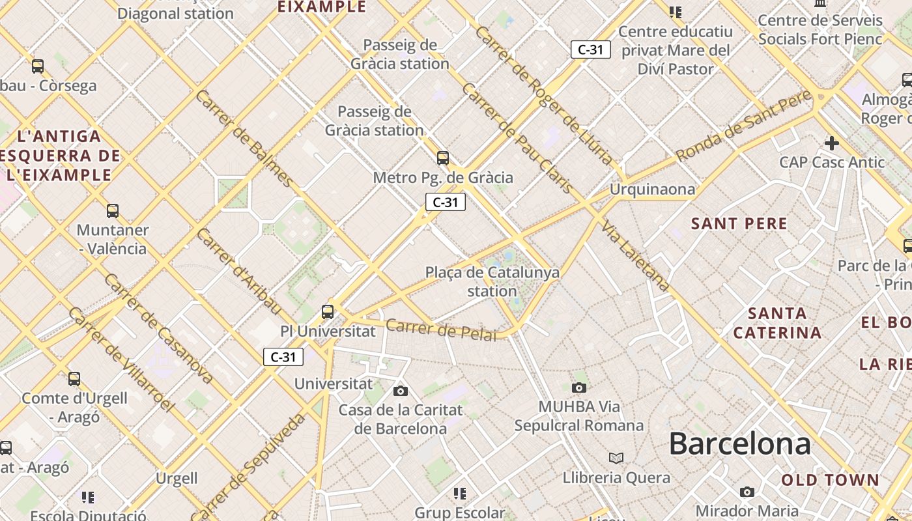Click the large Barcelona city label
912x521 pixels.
(x=739, y=444)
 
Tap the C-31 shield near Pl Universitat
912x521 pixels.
(x=283, y=357)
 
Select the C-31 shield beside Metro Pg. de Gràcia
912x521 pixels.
(x=446, y=203)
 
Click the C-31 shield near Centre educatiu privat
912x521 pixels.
(x=591, y=49)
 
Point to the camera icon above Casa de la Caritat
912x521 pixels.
(x=401, y=391)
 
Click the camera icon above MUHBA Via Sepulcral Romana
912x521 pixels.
(x=578, y=388)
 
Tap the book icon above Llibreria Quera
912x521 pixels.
(x=616, y=458)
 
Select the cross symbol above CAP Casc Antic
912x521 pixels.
(x=831, y=143)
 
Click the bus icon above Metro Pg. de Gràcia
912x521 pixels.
(x=443, y=158)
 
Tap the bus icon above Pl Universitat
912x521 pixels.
(x=328, y=312)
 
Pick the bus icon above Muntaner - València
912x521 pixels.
(x=113, y=211)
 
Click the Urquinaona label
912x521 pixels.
(x=652, y=190)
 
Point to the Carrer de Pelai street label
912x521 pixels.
(x=441, y=330)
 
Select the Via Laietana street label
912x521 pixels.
(x=635, y=256)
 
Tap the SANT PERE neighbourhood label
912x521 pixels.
(x=739, y=224)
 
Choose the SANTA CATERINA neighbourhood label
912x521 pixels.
(x=777, y=323)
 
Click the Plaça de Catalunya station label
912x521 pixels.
(x=492, y=281)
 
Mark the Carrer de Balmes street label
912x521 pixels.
(x=244, y=138)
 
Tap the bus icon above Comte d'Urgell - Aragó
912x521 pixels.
(x=74, y=379)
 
